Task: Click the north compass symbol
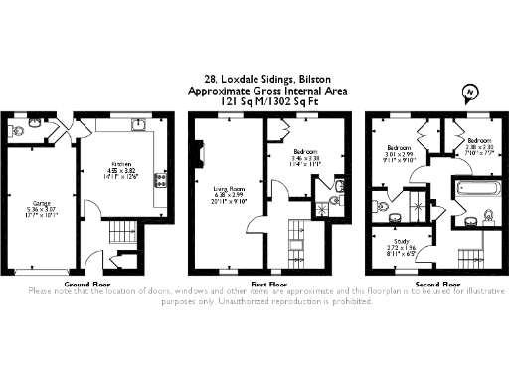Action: [x=467, y=94]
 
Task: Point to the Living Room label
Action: [x=228, y=190]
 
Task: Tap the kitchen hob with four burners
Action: [x=159, y=180]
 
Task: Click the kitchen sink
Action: [x=140, y=125]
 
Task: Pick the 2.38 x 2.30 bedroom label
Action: [x=479, y=145]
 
